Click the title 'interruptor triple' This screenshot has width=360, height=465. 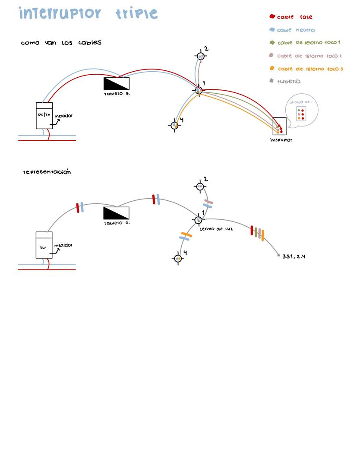pos(88,14)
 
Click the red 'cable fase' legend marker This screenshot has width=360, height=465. pos(272,17)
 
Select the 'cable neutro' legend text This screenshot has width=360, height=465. pos(296,30)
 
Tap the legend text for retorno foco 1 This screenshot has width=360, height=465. pos(309,43)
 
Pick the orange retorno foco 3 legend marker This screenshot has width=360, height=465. pos(272,68)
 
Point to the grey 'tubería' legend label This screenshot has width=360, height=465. pos(289,81)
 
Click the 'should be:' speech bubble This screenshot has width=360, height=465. pos(301,111)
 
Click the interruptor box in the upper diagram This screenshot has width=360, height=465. pos(279,126)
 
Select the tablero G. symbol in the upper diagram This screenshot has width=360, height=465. pos(117,84)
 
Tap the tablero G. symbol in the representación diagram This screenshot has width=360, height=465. pos(117,213)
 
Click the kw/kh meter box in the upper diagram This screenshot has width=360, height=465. pos(44,115)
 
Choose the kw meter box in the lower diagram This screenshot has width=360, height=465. pos(44,245)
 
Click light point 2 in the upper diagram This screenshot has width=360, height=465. pos(201,56)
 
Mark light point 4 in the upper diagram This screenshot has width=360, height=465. pos(174,125)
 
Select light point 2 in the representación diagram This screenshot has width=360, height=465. pos(200,187)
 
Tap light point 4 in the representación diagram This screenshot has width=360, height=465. pos(178,259)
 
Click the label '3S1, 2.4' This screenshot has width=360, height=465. pos(294,256)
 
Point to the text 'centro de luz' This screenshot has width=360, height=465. pos(216,229)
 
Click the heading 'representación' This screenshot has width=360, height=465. pos(47,172)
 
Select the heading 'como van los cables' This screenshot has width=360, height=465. pos(61,43)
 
